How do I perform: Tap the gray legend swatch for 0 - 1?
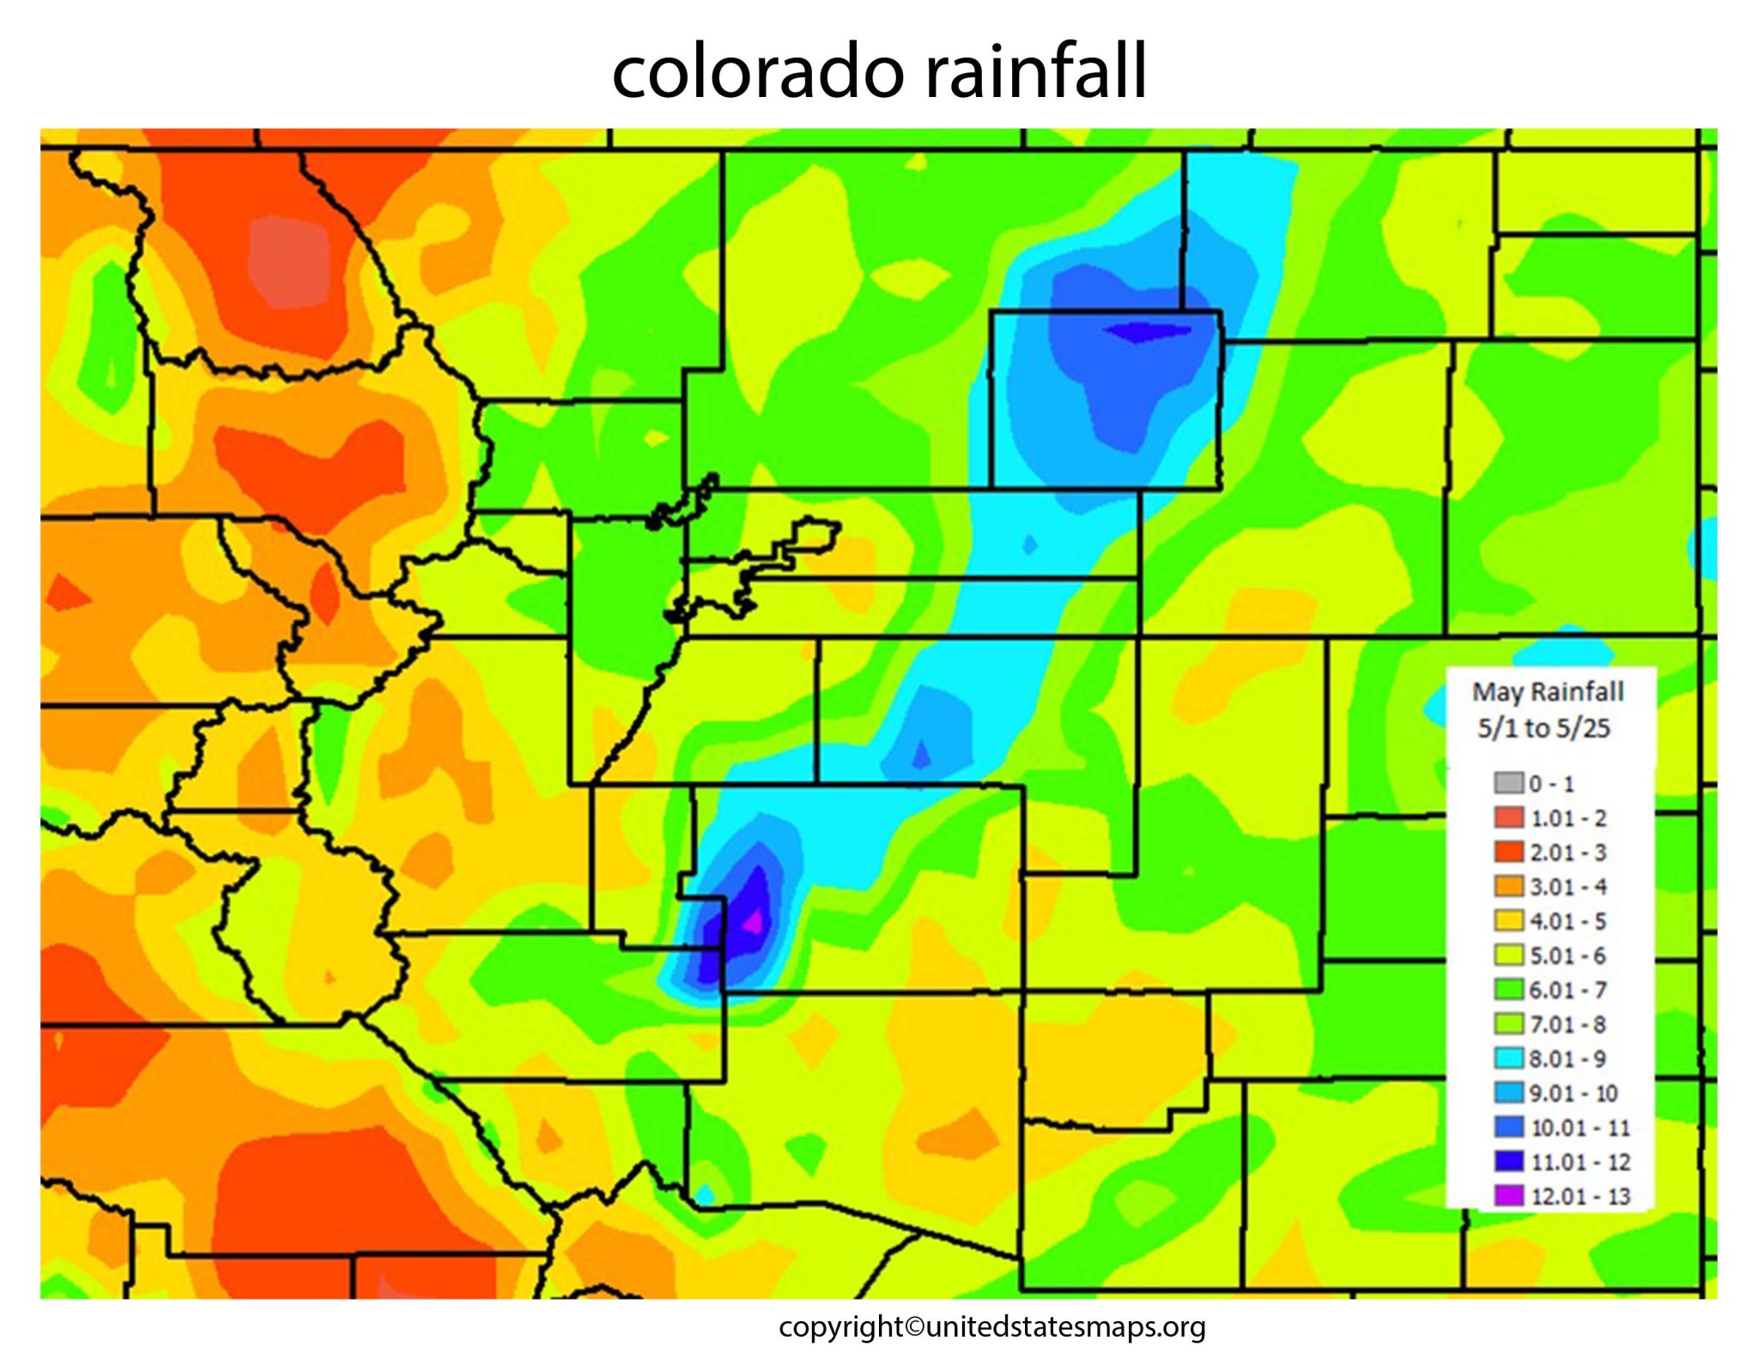1508,783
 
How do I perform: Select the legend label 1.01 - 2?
1568,818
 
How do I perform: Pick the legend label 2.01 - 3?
1568,852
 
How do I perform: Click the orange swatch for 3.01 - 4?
1508,886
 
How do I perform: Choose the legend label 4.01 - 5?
1568,921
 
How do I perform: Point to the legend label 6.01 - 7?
1568,990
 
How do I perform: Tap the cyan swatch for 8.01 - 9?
1508,1058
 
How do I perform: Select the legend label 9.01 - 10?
1574,1093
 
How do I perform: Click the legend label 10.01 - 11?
1579,1127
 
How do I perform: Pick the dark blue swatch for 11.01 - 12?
1508,1161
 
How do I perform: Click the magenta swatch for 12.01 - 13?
1508,1195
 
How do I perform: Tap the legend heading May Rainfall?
1548,692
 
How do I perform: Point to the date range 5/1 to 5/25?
1543,728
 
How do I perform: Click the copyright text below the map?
991,1327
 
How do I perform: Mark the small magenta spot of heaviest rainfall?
754,922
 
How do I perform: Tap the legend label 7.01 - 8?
1568,1024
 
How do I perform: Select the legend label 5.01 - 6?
1568,956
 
